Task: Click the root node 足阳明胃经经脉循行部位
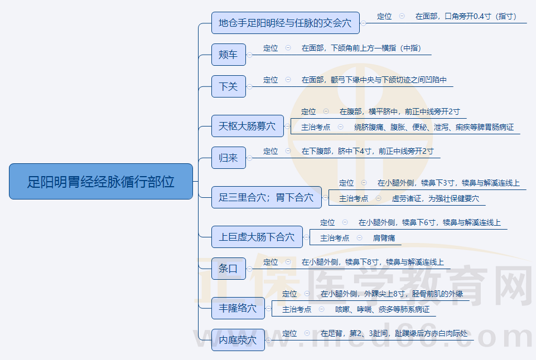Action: pyautogui.click(x=101, y=181)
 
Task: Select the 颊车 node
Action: pyautogui.click(x=229, y=55)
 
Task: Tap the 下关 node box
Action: pyautogui.click(x=229, y=86)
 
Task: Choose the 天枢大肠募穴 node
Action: pyautogui.click(x=248, y=126)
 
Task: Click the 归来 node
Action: pyautogui.click(x=229, y=158)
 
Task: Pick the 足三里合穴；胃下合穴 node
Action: pyautogui.click(x=267, y=197)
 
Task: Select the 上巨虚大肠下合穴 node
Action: pyautogui.click(x=257, y=237)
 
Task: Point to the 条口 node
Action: pyautogui.click(x=229, y=269)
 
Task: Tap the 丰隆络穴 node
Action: pyautogui.click(x=238, y=308)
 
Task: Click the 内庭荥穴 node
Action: pyautogui.click(x=238, y=340)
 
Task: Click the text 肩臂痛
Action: pyautogui.click(x=384, y=238)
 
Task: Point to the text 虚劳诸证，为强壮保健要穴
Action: pyautogui.click(x=435, y=198)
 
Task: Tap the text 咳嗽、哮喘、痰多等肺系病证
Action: pyautogui.click(x=382, y=309)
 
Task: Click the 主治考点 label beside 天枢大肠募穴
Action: pyautogui.click(x=316, y=127)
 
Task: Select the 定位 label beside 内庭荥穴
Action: pyautogui.click(x=289, y=333)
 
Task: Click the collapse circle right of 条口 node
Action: pyautogui.click(x=249, y=269)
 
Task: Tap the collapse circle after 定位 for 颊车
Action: pyautogui.click(x=288, y=48)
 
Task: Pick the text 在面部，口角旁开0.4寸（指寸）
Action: pyautogui.click(x=466, y=16)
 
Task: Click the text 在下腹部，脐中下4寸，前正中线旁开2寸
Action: pyautogui.click(x=368, y=151)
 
